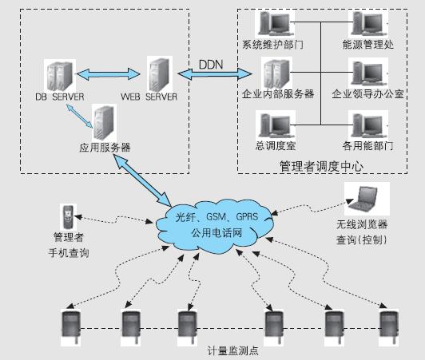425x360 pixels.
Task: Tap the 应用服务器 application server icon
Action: coord(103,122)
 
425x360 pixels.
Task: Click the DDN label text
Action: coord(212,62)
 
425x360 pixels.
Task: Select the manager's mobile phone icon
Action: coord(67,216)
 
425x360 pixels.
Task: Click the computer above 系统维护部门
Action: coord(268,22)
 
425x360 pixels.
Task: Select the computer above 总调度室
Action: coord(268,124)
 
